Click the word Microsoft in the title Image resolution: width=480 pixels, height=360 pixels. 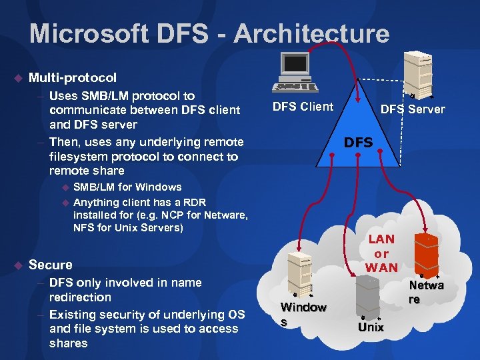[86, 33]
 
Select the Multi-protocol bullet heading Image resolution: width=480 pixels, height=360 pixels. [73, 78]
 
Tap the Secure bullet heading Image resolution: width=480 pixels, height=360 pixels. [51, 265]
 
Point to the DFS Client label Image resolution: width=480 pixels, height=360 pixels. [303, 107]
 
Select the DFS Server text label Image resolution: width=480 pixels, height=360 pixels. [412, 109]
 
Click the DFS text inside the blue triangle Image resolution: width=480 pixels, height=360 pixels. [358, 143]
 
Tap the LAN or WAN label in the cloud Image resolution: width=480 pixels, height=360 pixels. [381, 253]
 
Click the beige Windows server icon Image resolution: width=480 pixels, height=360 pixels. [301, 273]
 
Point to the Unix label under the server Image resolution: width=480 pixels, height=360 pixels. [371, 327]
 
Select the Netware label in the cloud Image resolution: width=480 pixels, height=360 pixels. [427, 293]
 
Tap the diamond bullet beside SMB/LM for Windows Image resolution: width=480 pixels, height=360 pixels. [65, 187]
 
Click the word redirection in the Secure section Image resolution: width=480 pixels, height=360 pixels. [80, 297]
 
